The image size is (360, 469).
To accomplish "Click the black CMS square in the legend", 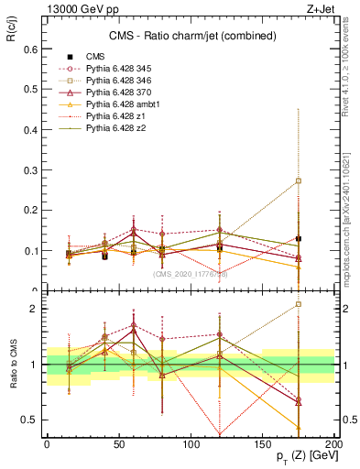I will tap(70, 57).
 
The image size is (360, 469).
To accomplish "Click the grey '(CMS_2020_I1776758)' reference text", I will tap(191, 273).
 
